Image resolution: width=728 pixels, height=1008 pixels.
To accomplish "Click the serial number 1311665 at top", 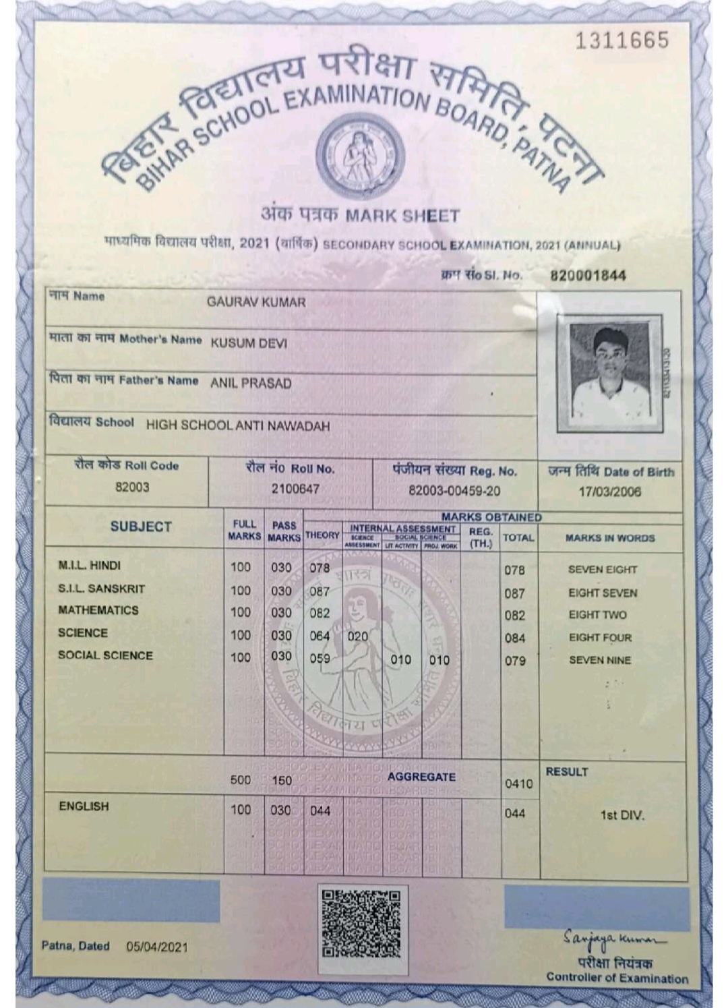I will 621,40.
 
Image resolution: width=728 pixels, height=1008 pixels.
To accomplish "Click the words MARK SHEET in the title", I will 402,216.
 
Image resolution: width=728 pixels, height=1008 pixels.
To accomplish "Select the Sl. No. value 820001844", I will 588,275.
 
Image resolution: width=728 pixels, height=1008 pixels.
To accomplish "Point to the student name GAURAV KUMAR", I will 256,302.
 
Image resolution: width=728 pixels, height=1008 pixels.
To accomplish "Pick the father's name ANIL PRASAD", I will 251,384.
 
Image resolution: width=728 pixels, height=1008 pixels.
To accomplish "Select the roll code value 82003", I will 132,487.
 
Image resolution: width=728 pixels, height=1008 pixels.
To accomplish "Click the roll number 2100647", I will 295,488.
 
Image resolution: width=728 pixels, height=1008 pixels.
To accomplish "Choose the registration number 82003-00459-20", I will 454,491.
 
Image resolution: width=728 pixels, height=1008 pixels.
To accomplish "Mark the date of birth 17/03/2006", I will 609,492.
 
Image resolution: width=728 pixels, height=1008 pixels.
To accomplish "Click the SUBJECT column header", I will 141,527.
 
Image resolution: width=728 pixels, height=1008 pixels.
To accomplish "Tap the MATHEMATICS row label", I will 98,610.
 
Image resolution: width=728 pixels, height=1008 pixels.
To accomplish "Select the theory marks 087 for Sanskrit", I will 320,591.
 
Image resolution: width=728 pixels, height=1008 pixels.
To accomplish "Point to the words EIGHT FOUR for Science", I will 599,637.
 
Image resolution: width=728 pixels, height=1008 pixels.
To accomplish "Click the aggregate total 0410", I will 518,783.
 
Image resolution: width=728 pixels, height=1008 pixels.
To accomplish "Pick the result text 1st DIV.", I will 622,815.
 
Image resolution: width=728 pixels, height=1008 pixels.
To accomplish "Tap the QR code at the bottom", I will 362,923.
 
